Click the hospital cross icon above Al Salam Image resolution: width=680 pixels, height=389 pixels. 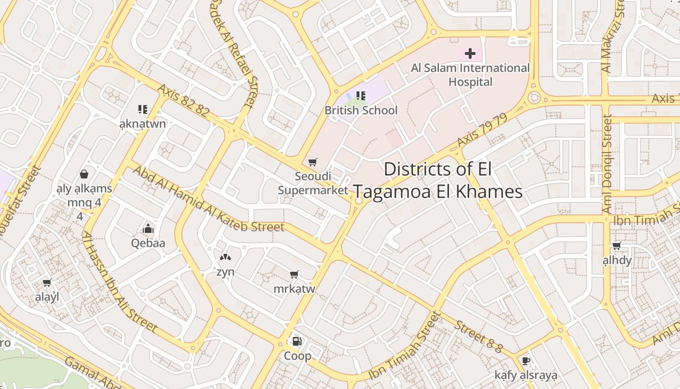[470, 53]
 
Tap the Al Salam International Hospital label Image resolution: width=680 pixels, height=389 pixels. [470, 75]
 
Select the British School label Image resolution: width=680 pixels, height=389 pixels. [360, 110]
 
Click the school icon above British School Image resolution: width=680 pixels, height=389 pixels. [360, 96]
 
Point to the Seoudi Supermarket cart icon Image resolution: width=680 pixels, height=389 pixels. [313, 162]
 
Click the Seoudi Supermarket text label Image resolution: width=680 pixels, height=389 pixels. [313, 183]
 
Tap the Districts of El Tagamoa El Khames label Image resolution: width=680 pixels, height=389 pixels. [438, 180]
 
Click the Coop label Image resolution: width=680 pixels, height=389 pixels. [297, 356]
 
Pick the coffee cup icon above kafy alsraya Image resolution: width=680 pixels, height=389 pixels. [526, 361]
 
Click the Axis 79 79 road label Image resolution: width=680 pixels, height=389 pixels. [482, 130]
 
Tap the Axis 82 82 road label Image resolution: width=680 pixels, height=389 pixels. [183, 101]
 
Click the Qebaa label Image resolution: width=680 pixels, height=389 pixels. [148, 243]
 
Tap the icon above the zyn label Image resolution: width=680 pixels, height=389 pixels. [225, 257]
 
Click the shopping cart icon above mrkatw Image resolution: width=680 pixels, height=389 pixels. [294, 275]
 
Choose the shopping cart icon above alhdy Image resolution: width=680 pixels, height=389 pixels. [617, 246]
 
